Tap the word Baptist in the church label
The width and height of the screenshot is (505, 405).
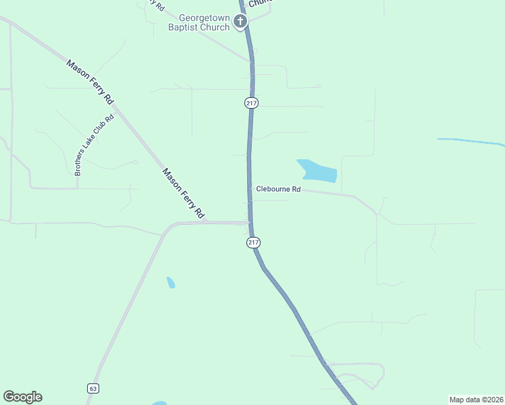click(x=194, y=27)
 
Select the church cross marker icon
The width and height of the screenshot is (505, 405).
click(x=240, y=22)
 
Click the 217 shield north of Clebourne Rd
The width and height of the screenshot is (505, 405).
click(x=251, y=103)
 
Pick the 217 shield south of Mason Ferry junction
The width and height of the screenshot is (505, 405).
click(x=253, y=242)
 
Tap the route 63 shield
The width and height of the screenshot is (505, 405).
click(x=92, y=388)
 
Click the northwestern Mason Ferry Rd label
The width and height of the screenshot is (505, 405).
click(x=90, y=82)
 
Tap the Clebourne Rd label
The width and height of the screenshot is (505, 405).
click(x=277, y=190)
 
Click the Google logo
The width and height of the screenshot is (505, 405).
click(x=22, y=397)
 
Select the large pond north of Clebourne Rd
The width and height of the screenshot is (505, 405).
click(x=317, y=171)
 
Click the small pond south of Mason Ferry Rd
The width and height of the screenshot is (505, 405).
click(x=171, y=282)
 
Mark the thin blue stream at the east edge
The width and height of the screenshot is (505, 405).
click(x=473, y=142)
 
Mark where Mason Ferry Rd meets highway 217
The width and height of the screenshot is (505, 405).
click(x=249, y=222)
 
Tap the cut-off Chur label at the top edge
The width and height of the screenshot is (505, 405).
click(x=259, y=3)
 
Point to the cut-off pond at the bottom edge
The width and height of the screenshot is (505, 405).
click(x=159, y=403)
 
